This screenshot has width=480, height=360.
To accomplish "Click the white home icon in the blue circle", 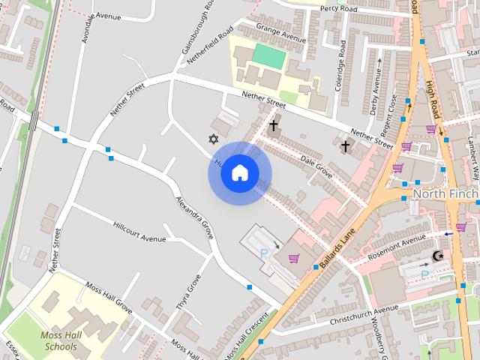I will (x=240, y=172).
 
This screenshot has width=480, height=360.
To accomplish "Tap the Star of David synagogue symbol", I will (x=214, y=139).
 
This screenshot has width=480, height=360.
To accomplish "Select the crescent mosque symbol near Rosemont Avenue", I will (x=438, y=256).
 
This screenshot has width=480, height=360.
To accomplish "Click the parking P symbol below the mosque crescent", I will (x=424, y=275).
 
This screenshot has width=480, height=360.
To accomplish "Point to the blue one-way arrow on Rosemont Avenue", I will (x=448, y=234).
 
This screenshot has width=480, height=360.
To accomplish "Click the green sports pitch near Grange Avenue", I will (x=267, y=54).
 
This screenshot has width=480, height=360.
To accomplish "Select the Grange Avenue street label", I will (x=281, y=33).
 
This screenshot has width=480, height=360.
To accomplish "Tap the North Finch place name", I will (x=445, y=194).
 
